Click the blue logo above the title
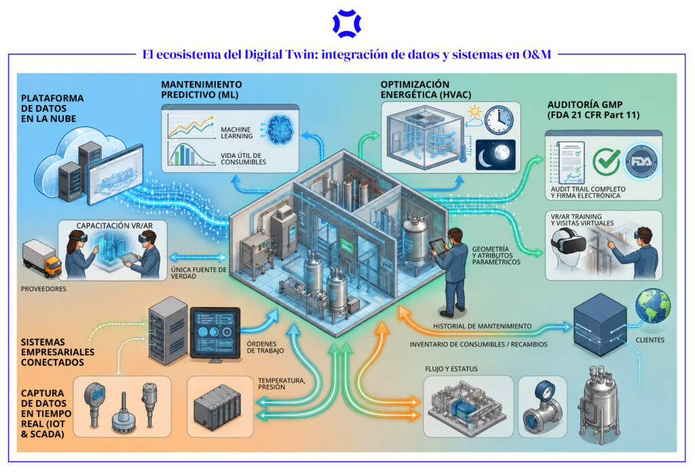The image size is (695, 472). [x=347, y=24]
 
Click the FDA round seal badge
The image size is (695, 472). [x=641, y=161]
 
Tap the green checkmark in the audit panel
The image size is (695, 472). [x=606, y=161]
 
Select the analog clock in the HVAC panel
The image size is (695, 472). [x=499, y=120]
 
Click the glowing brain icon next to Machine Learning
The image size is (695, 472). [x=278, y=129]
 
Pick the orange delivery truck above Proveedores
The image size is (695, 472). [x=42, y=258]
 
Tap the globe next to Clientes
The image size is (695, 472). [x=652, y=306]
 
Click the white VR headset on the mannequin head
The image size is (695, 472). [x=568, y=243]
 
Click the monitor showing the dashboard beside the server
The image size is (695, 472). [x=215, y=332]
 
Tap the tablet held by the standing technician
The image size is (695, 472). [x=438, y=247]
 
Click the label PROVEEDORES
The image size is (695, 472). [x=43, y=289]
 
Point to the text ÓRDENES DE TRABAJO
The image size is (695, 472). [x=265, y=347]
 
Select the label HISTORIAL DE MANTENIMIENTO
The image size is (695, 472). [x=483, y=326]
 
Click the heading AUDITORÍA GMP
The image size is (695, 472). [x=584, y=104]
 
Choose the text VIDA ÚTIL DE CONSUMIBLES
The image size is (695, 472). [x=244, y=159]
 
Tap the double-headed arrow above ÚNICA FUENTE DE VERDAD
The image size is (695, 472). [x=198, y=257]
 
